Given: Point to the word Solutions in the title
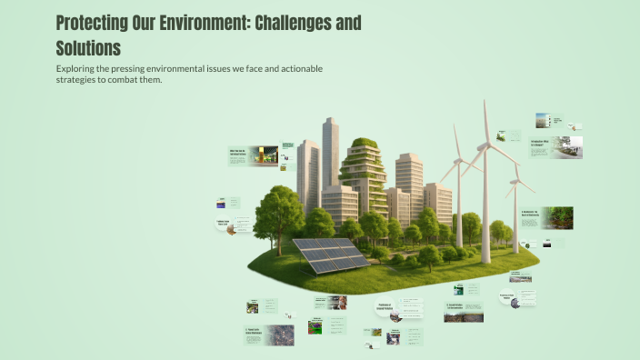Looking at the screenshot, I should [x=87, y=46].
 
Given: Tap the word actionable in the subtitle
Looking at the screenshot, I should [x=297, y=68].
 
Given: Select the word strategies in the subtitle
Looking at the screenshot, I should [x=77, y=80].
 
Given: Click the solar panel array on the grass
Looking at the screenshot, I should [x=329, y=255].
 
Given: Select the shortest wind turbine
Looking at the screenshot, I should [x=516, y=214].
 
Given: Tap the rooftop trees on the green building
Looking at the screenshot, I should [x=365, y=144].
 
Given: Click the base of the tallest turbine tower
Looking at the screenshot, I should [x=486, y=260].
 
